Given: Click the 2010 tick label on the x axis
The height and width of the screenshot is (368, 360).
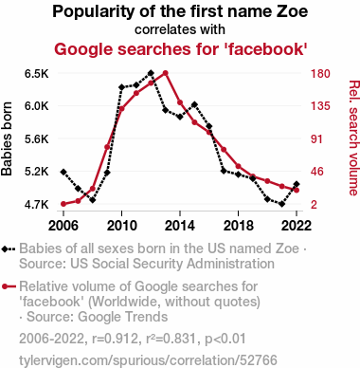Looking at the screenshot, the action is coord(122,226).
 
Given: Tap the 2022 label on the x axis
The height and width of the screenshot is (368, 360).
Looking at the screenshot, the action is coord(297,226).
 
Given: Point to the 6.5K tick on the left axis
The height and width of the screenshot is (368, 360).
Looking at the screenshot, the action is coord(37,74).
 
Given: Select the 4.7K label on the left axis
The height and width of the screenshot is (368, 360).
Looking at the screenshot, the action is coord(37,205).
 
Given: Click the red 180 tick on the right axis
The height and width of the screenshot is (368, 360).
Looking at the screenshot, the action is coord(320,74).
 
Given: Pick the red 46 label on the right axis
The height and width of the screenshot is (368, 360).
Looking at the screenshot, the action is coord(317,172).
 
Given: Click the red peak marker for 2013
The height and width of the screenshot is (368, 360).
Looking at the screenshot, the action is coord(165,73).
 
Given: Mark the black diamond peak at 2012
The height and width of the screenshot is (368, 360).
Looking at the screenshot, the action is coord(151,73).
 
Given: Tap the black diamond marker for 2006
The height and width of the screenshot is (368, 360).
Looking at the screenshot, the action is coord(63,172).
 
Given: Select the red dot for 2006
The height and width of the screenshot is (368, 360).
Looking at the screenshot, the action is coord(63,204).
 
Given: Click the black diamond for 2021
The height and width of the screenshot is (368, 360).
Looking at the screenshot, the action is coord(281,204).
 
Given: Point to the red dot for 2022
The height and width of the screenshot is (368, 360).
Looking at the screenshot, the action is coord(297,191).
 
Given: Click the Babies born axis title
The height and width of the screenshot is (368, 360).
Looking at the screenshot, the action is coord(7,138).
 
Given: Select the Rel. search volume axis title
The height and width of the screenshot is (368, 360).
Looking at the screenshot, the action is coord(353,138).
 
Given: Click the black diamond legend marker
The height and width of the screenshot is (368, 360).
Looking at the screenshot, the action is coord(5,249).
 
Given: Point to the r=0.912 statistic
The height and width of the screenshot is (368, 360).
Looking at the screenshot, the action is coord(116,339).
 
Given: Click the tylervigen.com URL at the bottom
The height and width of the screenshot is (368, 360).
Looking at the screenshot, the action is coord(148,360).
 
